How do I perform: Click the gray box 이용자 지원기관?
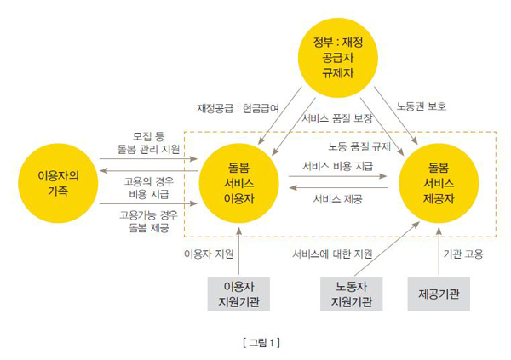[239, 293]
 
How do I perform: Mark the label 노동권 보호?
[421, 107]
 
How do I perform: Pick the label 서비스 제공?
[338, 198]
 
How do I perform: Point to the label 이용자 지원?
[209, 253]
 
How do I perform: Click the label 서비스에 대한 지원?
[332, 253]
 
